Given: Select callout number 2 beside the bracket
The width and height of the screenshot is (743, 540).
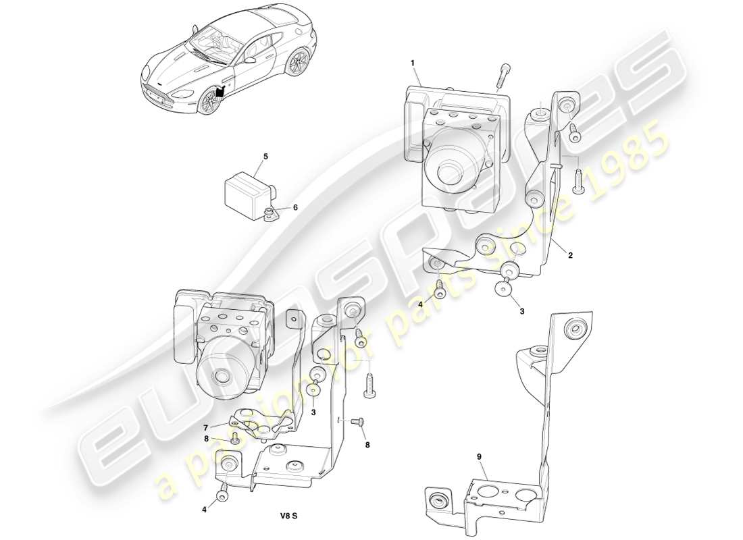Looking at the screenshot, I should [x=570, y=256].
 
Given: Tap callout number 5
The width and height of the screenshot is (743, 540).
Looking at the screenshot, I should [x=265, y=157].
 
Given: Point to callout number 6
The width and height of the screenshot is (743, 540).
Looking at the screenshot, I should [x=294, y=208].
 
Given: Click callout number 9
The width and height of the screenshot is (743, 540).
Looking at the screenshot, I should [x=479, y=457].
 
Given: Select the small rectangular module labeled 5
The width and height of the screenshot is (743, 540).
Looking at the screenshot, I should [x=247, y=186].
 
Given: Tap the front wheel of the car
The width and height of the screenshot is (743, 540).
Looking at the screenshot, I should [x=209, y=101].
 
